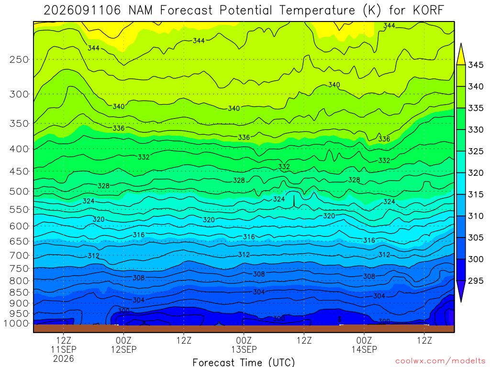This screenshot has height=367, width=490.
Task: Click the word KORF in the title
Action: (x=428, y=11)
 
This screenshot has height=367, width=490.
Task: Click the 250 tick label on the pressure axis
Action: (x=19, y=59)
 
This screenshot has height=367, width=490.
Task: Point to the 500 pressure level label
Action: (x=19, y=191)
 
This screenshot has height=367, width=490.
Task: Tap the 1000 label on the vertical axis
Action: (x=16, y=324)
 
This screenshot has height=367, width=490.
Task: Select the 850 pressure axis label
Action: (x=19, y=292)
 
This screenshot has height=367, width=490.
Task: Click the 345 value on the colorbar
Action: (x=475, y=65)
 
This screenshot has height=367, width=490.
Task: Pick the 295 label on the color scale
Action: (x=475, y=281)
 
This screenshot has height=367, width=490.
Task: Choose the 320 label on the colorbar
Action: (x=475, y=173)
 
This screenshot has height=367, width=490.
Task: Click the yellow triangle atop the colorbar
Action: (x=461, y=54)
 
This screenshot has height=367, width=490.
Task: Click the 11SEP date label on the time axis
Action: (x=64, y=349)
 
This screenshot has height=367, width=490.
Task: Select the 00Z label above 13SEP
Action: (x=244, y=340)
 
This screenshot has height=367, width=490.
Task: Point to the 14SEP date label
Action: (x=364, y=349)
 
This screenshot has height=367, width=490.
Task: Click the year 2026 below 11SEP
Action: (x=64, y=359)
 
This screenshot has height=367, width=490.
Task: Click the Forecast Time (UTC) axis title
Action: (x=244, y=362)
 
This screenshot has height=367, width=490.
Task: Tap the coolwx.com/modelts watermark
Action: (x=440, y=361)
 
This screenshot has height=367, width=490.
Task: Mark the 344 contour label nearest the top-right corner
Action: (x=389, y=26)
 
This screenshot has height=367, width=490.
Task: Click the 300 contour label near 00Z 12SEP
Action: (x=124, y=311)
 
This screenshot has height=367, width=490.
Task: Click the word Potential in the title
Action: (x=246, y=11)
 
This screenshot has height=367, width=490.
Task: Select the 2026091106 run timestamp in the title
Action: (x=82, y=11)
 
